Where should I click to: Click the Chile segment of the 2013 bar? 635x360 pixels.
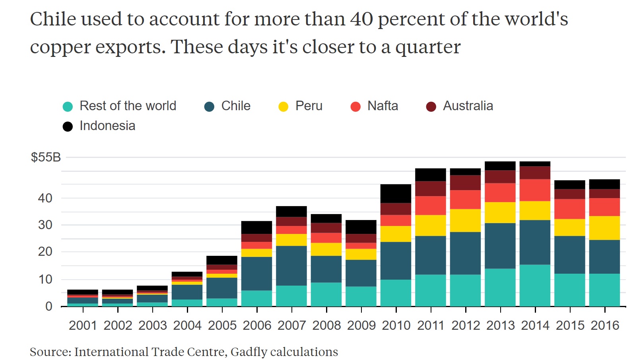coord(500,245)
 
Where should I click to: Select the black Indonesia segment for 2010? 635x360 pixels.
coord(396,193)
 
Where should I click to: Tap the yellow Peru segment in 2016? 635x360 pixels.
coord(604,228)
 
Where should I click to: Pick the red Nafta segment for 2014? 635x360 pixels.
coord(535,190)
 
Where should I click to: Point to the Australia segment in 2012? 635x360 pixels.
coord(465,183)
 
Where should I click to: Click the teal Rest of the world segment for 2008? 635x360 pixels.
coord(326,294)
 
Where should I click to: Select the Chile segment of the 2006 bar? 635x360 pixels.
coord(256,273)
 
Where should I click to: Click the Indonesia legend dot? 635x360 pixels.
coord(68,126)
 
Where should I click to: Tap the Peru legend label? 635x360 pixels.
coord(309,106)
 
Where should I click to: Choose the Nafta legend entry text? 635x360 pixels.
coord(383,106)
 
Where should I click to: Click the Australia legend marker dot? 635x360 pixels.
coord(431,107)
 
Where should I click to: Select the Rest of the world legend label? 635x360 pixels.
coord(128,106)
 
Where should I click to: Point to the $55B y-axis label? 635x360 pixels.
coord(46,157)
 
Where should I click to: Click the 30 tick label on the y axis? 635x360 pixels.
coord(45,225)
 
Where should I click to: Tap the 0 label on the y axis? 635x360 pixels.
coord(49,306)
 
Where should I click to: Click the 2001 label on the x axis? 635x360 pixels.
coord(83,325)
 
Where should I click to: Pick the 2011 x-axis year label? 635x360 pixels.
coord(431,325)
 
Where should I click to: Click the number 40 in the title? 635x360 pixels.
coord(361,19)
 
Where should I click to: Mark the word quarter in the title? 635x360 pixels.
coord(427,47)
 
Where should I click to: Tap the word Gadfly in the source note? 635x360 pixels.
coord(249,352)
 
